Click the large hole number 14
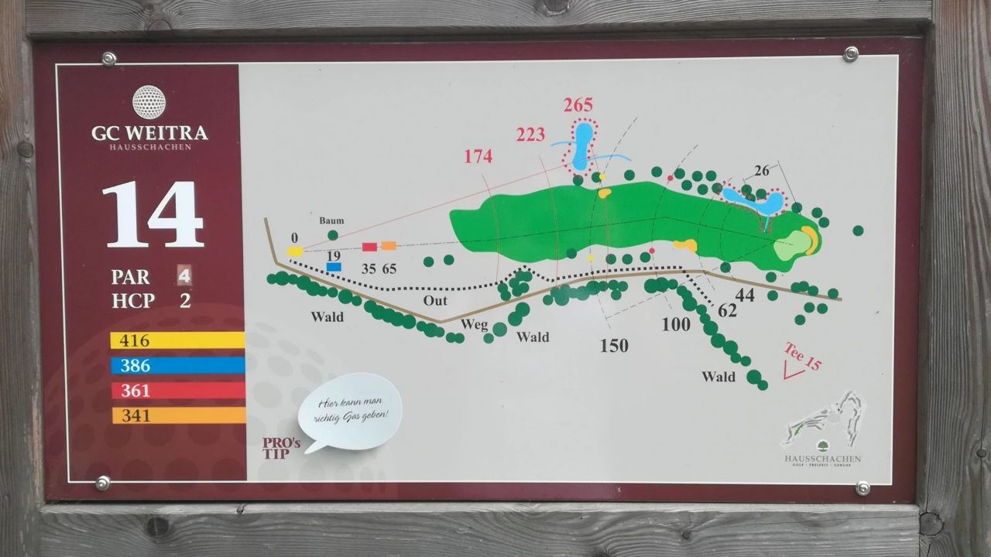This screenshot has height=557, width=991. pyautogui.click(x=153, y=215)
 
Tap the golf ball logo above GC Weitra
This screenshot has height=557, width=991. pyautogui.click(x=149, y=102)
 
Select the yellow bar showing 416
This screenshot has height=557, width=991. pyautogui.click(x=177, y=340)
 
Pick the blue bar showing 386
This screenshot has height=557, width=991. pyautogui.click(x=177, y=366)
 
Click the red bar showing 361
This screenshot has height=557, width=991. pyautogui.click(x=177, y=391)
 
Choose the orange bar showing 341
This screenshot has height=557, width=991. pyautogui.click(x=177, y=415)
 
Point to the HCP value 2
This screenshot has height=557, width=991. pyautogui.click(x=185, y=301)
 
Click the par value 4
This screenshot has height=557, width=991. pyautogui.click(x=184, y=275)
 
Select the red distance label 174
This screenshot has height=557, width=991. pyautogui.click(x=478, y=156)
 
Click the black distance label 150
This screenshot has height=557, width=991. pyautogui.click(x=614, y=346)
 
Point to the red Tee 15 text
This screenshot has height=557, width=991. pyautogui.click(x=802, y=356)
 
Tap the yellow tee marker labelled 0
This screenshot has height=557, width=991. pyautogui.click(x=295, y=251)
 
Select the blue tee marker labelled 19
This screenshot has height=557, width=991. pyautogui.click(x=334, y=267)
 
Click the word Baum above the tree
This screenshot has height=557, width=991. pyautogui.click(x=331, y=220)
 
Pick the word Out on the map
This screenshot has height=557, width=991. pyautogui.click(x=434, y=301)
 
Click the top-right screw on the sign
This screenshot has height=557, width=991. pyautogui.click(x=851, y=53)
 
